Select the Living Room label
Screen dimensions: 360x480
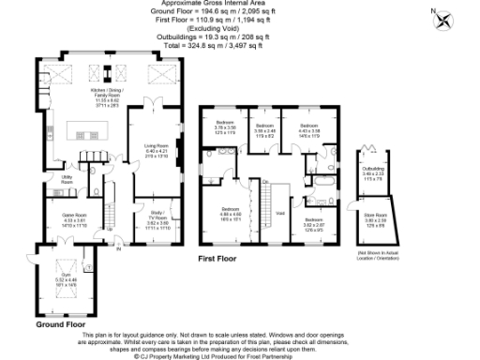pyautogui.click(x=156, y=149)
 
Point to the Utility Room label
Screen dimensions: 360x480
pyautogui.click(x=67, y=178)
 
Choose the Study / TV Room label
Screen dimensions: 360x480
pyautogui.click(x=157, y=217)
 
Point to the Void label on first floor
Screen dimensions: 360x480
pyautogui.click(x=279, y=214)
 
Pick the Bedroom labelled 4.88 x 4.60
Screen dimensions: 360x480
pyautogui.click(x=231, y=213)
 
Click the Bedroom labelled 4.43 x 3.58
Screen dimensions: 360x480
pyautogui.click(x=309, y=129)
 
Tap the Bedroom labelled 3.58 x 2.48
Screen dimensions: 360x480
pyautogui.click(x=265, y=129)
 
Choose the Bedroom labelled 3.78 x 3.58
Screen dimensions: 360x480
pyautogui.click(x=225, y=129)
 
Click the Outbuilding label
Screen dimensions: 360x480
pyautogui.click(x=373, y=173)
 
